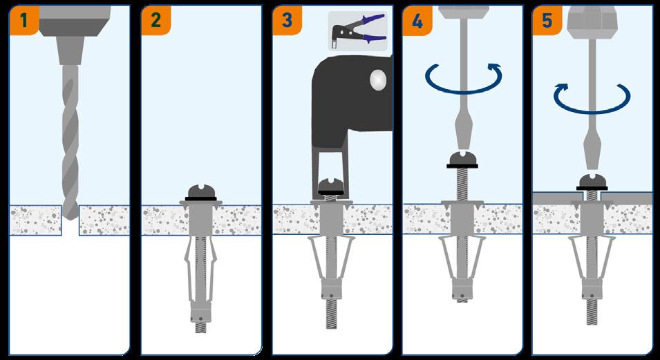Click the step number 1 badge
tap(24, 20)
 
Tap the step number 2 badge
tap(155, 20)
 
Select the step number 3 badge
tap(287, 20)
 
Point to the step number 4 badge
tap(417, 20)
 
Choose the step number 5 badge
tap(547, 20)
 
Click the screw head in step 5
tap(592, 181)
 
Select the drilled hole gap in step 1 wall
tap(70, 220)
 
